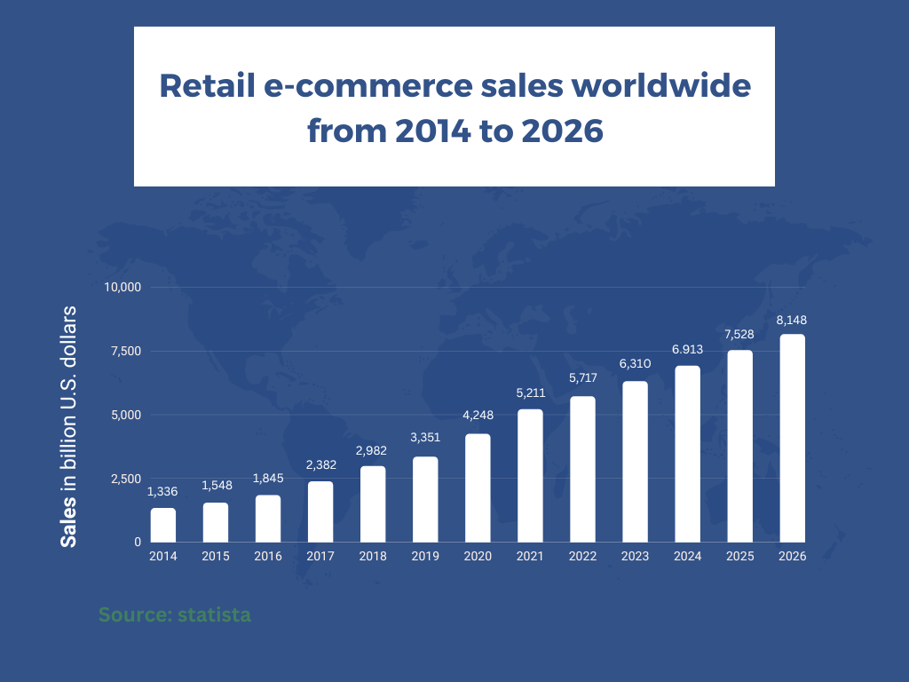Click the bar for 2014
(x=163, y=526)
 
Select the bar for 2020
(x=478, y=488)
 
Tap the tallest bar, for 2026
(x=793, y=439)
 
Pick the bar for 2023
(x=635, y=462)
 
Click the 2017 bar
(x=320, y=512)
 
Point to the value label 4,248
(x=478, y=416)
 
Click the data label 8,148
(x=792, y=320)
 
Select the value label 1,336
(x=162, y=492)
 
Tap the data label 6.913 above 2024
(x=688, y=350)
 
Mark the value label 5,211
(x=531, y=393)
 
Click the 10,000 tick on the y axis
(x=123, y=287)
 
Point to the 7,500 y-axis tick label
(x=126, y=351)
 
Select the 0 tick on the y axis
(x=138, y=543)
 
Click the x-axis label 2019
(x=425, y=556)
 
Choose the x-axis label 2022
(x=582, y=556)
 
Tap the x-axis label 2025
(x=740, y=556)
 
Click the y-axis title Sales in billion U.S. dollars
(x=68, y=426)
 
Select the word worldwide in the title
(x=661, y=85)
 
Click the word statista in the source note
(x=215, y=615)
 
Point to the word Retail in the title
(x=207, y=85)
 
